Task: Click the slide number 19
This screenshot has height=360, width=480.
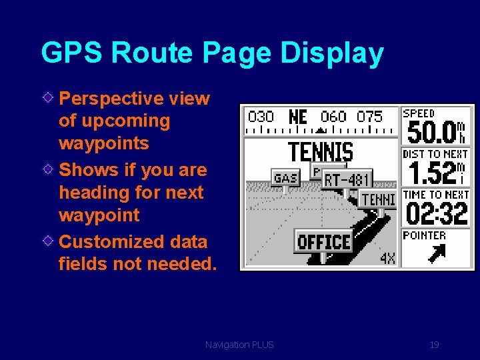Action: click(x=434, y=345)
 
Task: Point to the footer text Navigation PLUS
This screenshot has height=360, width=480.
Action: click(x=239, y=345)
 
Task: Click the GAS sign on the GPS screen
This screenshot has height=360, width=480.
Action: click(x=285, y=178)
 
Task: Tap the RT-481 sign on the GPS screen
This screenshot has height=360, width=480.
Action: click(x=347, y=179)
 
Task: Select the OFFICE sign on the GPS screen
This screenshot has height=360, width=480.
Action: click(x=323, y=241)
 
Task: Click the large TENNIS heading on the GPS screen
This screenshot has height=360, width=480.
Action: click(x=320, y=152)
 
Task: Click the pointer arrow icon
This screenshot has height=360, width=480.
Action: click(x=436, y=253)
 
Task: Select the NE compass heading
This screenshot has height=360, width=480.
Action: click(x=298, y=117)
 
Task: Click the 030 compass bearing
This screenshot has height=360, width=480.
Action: click(x=261, y=117)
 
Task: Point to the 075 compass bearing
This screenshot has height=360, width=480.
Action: click(x=369, y=117)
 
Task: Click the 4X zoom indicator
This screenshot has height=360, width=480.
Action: click(x=387, y=257)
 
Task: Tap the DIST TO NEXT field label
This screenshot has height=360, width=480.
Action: click(x=436, y=154)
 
